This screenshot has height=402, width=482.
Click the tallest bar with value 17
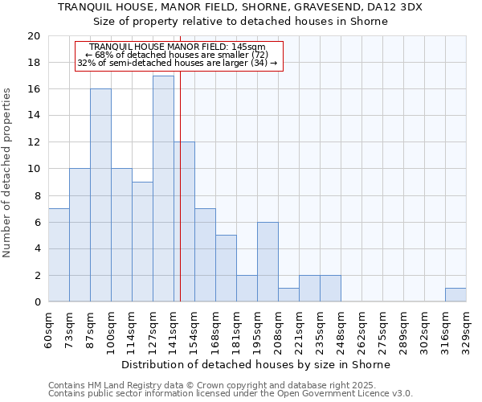[x=163, y=189]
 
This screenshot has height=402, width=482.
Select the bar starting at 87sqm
[x=100, y=195]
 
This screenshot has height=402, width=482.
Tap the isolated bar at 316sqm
[x=455, y=295]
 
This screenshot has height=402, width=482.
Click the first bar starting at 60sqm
[x=59, y=255]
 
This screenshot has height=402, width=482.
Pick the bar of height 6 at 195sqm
[x=268, y=262]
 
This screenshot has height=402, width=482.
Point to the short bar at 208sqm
[x=288, y=295]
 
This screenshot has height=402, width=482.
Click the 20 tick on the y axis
[x=33, y=36]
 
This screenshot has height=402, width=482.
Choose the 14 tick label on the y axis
[x=33, y=116]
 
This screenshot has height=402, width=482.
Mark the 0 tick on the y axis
[x=37, y=302]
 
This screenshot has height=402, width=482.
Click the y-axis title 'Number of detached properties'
[x=9, y=183]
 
